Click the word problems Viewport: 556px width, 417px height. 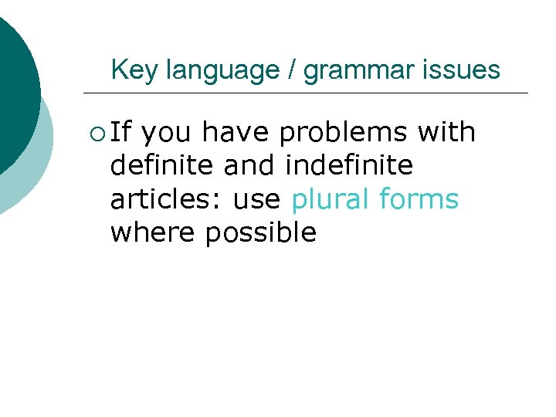coord(343,133)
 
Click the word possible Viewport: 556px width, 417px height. coord(261,232)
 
